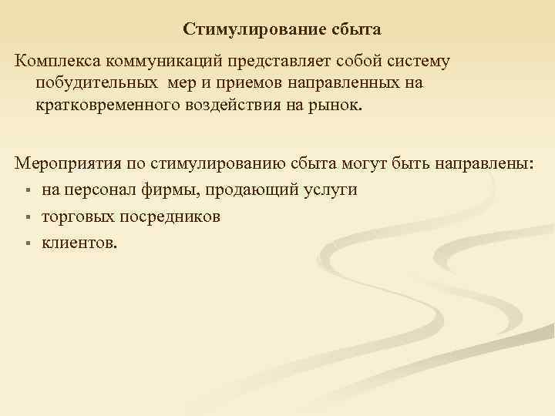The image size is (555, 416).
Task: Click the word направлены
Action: click(490, 165)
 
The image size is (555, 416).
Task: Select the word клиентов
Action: click(79, 243)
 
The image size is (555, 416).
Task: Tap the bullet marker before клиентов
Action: click(26, 244)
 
